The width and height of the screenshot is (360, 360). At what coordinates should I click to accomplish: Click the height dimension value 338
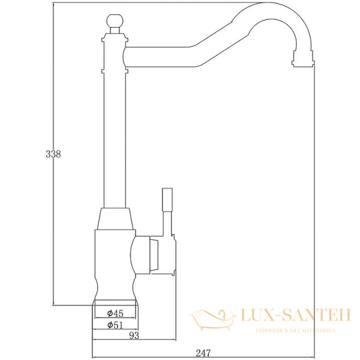(x=54, y=154)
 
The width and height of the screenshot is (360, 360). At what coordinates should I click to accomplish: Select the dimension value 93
(x=134, y=336)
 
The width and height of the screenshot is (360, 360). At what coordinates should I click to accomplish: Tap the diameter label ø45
(x=115, y=313)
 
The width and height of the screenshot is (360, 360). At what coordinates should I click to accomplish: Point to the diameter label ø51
(x=115, y=325)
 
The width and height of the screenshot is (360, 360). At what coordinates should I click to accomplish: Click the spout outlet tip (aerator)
(x=303, y=58)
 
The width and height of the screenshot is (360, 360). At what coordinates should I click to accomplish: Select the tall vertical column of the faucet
(x=114, y=138)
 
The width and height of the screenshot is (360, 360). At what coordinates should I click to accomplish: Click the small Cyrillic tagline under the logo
(x=295, y=331)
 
